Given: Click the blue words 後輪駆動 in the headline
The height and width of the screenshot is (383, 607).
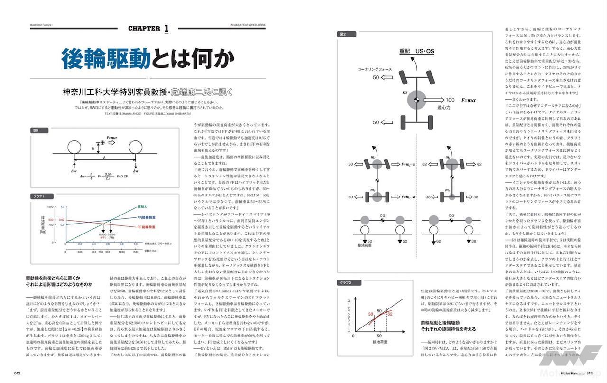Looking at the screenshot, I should point(105,58).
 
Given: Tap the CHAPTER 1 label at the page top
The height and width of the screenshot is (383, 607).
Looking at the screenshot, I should point(148,29).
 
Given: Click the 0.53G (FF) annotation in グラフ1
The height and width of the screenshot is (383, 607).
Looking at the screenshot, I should point(102,235).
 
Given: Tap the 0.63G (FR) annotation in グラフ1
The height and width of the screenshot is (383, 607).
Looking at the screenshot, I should point(112,235).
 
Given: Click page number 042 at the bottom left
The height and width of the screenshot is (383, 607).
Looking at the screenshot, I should point(17,373).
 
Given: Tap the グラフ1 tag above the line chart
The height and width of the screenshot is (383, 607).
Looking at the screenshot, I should point(39,196).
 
